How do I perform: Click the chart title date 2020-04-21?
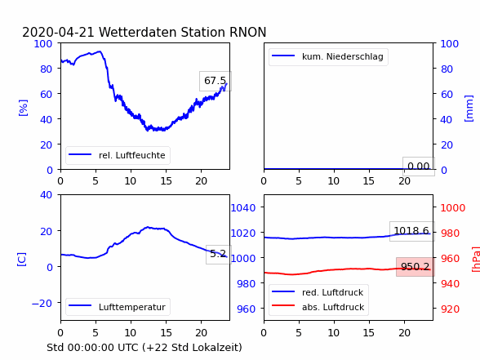[58, 32]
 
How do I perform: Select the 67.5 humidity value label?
[216, 81]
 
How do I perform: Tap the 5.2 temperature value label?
[218, 254]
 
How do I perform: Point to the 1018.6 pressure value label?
[411, 231]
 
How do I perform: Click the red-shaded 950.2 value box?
[415, 267]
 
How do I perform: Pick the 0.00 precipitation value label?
[419, 167]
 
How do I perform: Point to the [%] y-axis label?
[23, 108]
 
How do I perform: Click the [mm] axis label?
[469, 109]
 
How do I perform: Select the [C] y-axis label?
[22, 260]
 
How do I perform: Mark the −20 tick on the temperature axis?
[42, 304]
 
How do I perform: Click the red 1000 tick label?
[453, 208]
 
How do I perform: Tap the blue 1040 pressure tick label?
[243, 208]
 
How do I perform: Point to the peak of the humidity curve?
[100, 51]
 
